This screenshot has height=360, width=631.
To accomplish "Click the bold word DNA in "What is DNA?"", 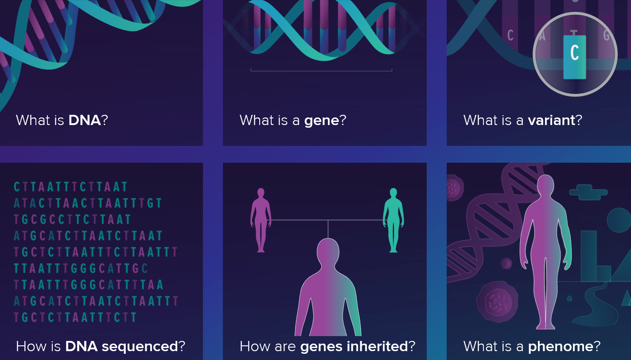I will point(85,120).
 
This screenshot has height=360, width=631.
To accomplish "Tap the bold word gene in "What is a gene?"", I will point(321,120).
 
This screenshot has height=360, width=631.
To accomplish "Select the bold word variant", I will point(551,120).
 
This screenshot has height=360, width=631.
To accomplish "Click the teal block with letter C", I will point(575,57).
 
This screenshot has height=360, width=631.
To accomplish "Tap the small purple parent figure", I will point(261,220).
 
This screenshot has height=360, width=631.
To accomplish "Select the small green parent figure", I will point(393,220).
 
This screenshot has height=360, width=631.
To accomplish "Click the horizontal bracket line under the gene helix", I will point(321,70).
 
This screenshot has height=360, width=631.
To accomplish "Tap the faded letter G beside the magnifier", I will point(606,35).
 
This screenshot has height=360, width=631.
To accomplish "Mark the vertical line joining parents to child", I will point(328,229).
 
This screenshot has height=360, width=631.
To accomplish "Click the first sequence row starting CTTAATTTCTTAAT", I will point(71,187).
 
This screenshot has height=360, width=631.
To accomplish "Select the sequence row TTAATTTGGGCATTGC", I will point(81,268).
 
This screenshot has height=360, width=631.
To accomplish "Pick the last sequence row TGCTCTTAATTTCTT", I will point(75,317).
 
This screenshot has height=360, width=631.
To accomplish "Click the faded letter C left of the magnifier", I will point(510,35).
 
